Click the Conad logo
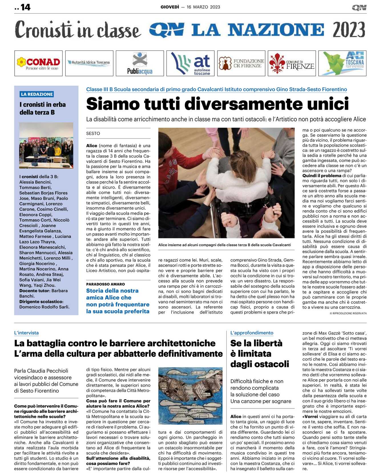point(38,63)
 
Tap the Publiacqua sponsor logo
point(140,63)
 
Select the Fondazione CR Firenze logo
point(241,63)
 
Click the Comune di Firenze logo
point(292,63)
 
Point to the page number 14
point(25,7)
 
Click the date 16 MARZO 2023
point(203,7)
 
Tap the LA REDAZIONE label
point(37,94)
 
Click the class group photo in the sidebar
point(46,145)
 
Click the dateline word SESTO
point(93,133)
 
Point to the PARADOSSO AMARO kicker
point(105,284)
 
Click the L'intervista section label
point(26,333)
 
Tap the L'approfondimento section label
point(251,333)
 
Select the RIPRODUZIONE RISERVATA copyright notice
point(348,313)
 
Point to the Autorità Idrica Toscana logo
point(89,63)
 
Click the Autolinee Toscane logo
point(190,63)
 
